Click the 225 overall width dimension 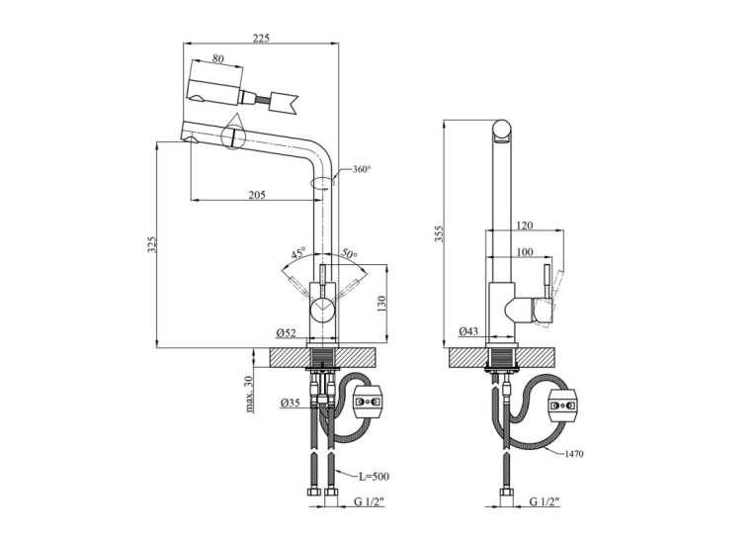(261, 39)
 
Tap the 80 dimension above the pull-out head (218, 58)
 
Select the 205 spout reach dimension (257, 195)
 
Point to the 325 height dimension (152, 244)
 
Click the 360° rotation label (362, 169)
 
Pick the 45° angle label (298, 253)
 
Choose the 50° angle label (350, 254)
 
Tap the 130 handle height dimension (380, 303)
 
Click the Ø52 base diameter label (286, 333)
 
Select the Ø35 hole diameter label (290, 402)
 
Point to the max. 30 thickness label (249, 394)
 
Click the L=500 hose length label (374, 477)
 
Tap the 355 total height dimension (439, 233)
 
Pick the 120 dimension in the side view (525, 225)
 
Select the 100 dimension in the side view (525, 251)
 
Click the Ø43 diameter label (468, 331)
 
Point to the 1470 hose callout (574, 454)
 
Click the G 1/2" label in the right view (545, 501)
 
